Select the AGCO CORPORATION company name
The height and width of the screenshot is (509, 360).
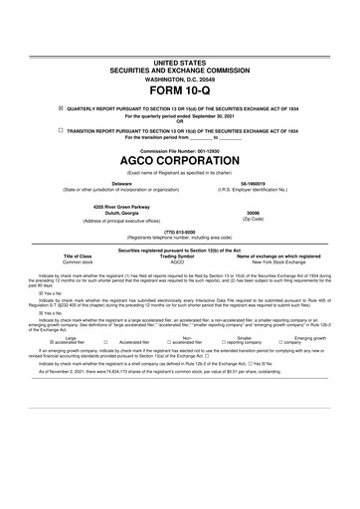pos(179,160)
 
